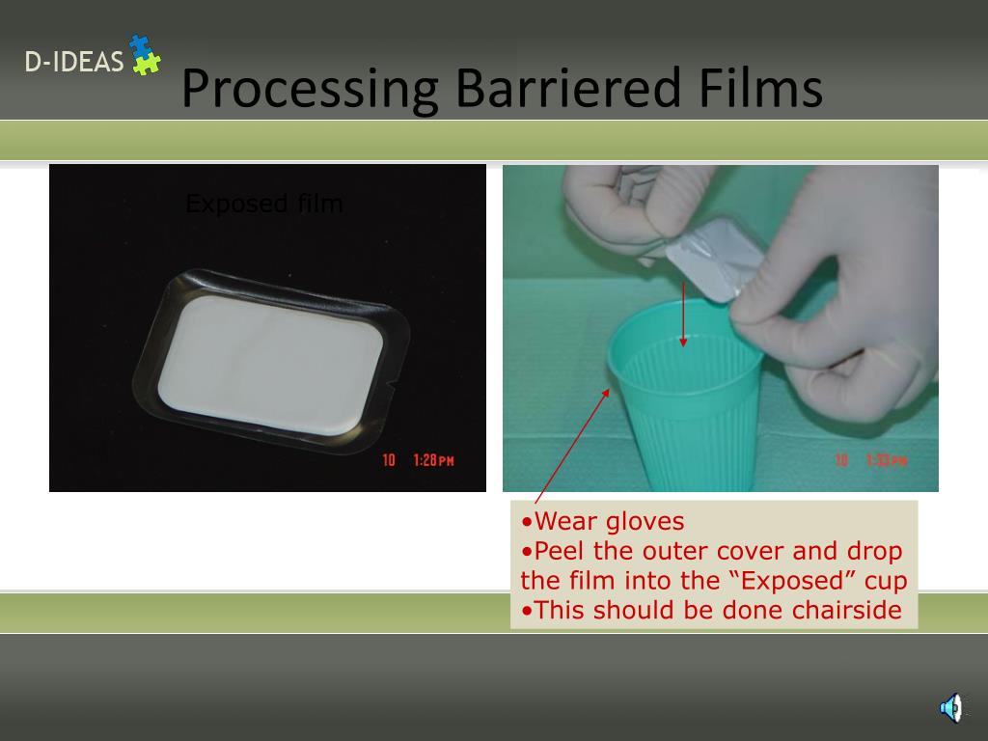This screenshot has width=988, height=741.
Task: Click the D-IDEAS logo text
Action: click(74, 63)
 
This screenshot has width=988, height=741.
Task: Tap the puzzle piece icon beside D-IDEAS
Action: click(145, 55)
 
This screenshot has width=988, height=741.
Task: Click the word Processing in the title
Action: click(309, 89)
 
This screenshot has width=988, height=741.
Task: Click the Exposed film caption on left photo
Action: click(263, 204)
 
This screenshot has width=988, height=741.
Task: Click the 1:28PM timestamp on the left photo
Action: click(432, 460)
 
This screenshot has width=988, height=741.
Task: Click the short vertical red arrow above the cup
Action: click(683, 314)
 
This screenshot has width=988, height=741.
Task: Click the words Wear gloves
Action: click(609, 522)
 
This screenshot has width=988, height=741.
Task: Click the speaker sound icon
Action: click(950, 708)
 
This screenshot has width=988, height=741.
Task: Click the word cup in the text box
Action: click(887, 581)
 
